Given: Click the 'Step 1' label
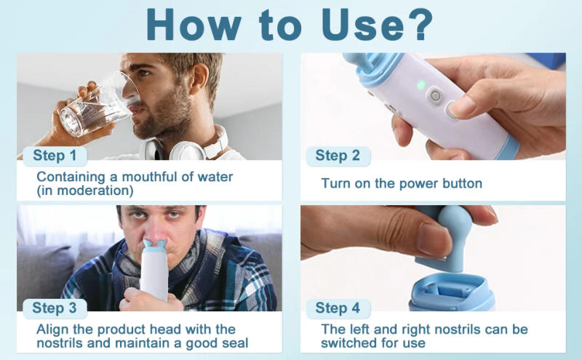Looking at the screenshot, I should (55, 155).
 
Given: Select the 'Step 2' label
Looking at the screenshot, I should (338, 155).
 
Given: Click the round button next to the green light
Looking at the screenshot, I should (435, 96).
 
